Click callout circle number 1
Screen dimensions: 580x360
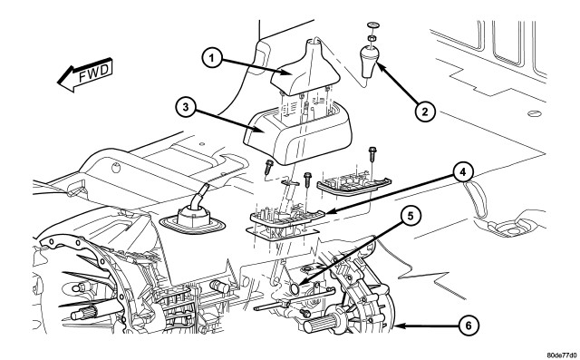pos(211,58)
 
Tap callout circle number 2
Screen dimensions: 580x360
pos(424,112)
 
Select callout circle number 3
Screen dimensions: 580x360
pos(185,107)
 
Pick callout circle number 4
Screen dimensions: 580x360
pos(462,173)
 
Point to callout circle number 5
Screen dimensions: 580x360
pos(411,216)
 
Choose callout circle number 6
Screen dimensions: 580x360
pos(468,326)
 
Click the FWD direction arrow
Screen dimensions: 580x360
pos(85,74)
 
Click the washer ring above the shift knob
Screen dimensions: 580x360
pos(372,24)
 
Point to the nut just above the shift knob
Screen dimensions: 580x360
pos(371,38)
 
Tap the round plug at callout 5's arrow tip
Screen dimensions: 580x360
pos(295,289)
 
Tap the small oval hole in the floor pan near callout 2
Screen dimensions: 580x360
pos(535,113)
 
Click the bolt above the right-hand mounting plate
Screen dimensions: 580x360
pos(372,155)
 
